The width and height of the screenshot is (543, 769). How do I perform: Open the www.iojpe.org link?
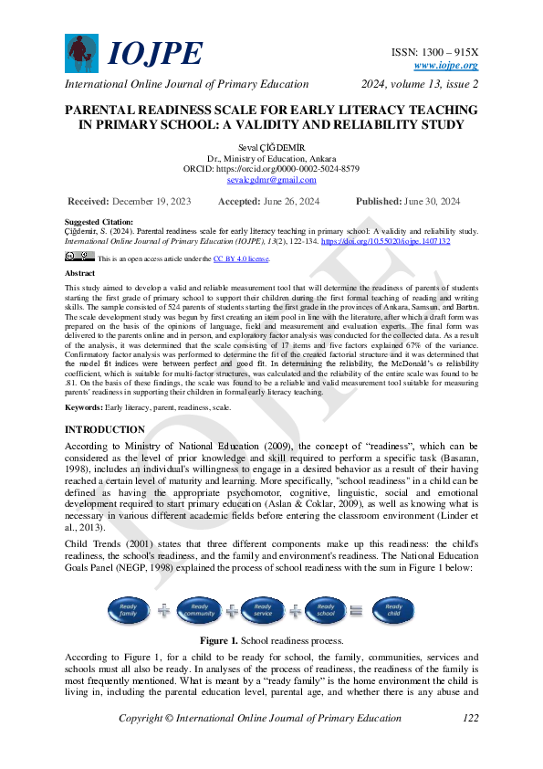(445, 65)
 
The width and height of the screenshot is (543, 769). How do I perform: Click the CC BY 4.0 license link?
(241, 259)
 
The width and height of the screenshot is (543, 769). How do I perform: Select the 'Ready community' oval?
(199, 610)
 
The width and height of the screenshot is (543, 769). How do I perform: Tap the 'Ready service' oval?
(264, 610)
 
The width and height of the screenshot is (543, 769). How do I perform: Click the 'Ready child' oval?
(394, 610)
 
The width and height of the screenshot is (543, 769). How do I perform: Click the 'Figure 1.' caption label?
(219, 640)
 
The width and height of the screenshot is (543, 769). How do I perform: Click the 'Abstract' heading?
(79, 273)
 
